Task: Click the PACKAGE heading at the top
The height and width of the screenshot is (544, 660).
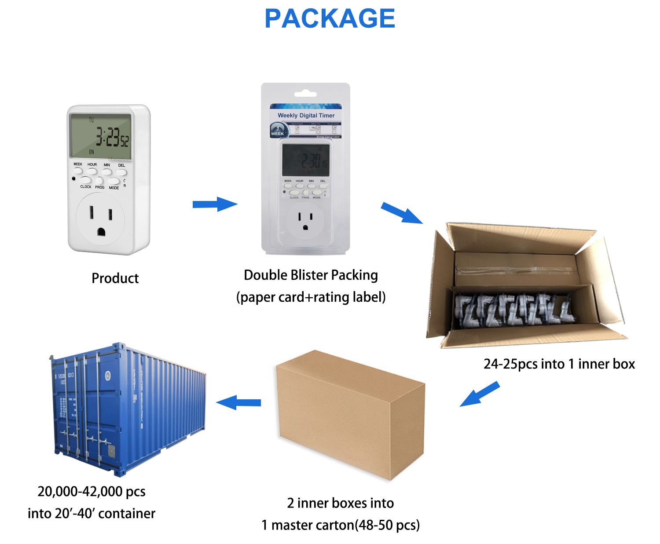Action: pos(330,19)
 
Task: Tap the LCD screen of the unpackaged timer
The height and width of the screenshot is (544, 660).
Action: pos(101,135)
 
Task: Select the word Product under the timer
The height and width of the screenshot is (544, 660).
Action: pos(115,278)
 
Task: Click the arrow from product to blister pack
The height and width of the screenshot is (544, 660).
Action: pos(215,204)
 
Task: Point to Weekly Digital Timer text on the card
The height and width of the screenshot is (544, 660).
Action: pos(306,115)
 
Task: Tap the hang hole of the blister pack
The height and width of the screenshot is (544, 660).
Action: pos(305,94)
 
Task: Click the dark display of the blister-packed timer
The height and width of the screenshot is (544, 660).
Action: pos(305,160)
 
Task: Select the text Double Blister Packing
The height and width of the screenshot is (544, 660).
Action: pos(311,275)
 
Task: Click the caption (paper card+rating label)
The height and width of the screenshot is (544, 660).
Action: pos(311,297)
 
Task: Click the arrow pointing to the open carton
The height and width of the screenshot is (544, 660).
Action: pos(401,213)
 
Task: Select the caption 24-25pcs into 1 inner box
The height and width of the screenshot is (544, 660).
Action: pos(559,364)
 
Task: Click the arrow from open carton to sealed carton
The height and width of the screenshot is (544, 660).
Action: pos(480,394)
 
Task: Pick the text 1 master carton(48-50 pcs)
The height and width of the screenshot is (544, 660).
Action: pos(340,525)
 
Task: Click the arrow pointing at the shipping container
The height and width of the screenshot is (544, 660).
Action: pos(238,402)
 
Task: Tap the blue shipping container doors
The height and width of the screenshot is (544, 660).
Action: pos(84,409)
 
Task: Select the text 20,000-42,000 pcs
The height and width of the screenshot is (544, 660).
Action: pos(92,491)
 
